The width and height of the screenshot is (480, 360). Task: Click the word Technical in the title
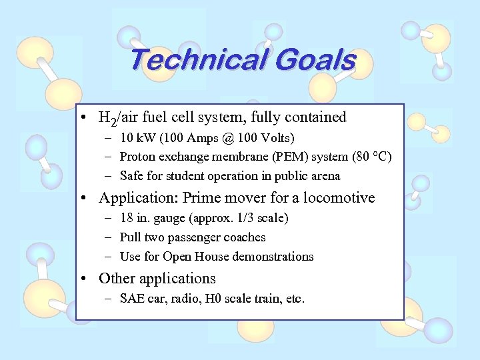tap(193, 60)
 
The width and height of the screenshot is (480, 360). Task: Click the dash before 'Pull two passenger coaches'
tap(108, 237)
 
